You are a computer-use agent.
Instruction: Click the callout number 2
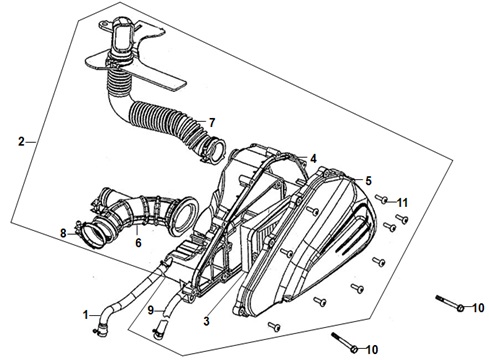pyautogui.click(x=21, y=142)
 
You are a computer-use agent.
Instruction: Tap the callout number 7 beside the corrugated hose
pyautogui.click(x=212, y=123)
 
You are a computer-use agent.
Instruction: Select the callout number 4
pyautogui.click(x=313, y=159)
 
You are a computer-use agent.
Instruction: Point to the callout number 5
pyautogui.click(x=368, y=181)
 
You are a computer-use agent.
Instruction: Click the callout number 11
pyautogui.click(x=402, y=202)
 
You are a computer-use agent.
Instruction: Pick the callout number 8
pyautogui.click(x=63, y=233)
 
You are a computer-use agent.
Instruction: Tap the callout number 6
pyautogui.click(x=138, y=243)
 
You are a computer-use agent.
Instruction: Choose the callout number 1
pyautogui.click(x=86, y=314)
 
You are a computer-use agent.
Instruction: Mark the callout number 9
pyautogui.click(x=151, y=311)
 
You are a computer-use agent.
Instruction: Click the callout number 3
pyautogui.click(x=207, y=321)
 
